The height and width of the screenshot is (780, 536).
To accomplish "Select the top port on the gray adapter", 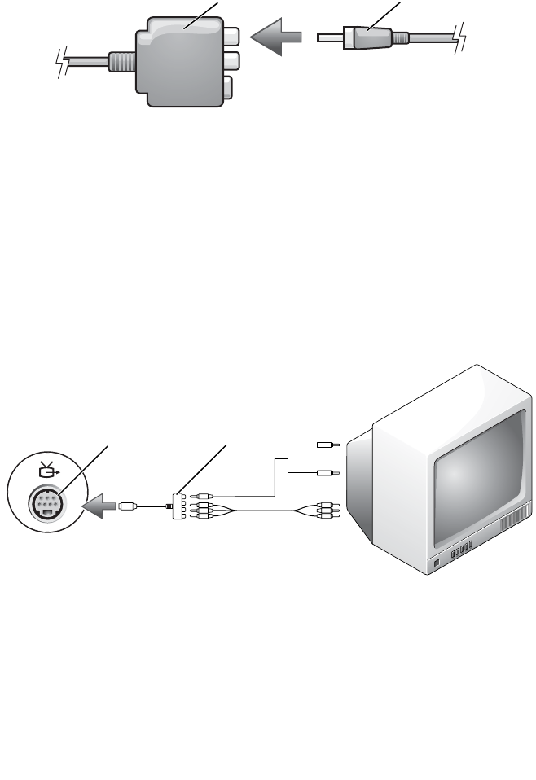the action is (231, 37).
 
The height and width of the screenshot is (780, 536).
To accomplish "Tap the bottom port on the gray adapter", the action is (229, 85).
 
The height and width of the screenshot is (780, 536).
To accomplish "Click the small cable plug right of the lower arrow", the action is (126, 506).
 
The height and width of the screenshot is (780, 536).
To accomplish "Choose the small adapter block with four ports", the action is (178, 506).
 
